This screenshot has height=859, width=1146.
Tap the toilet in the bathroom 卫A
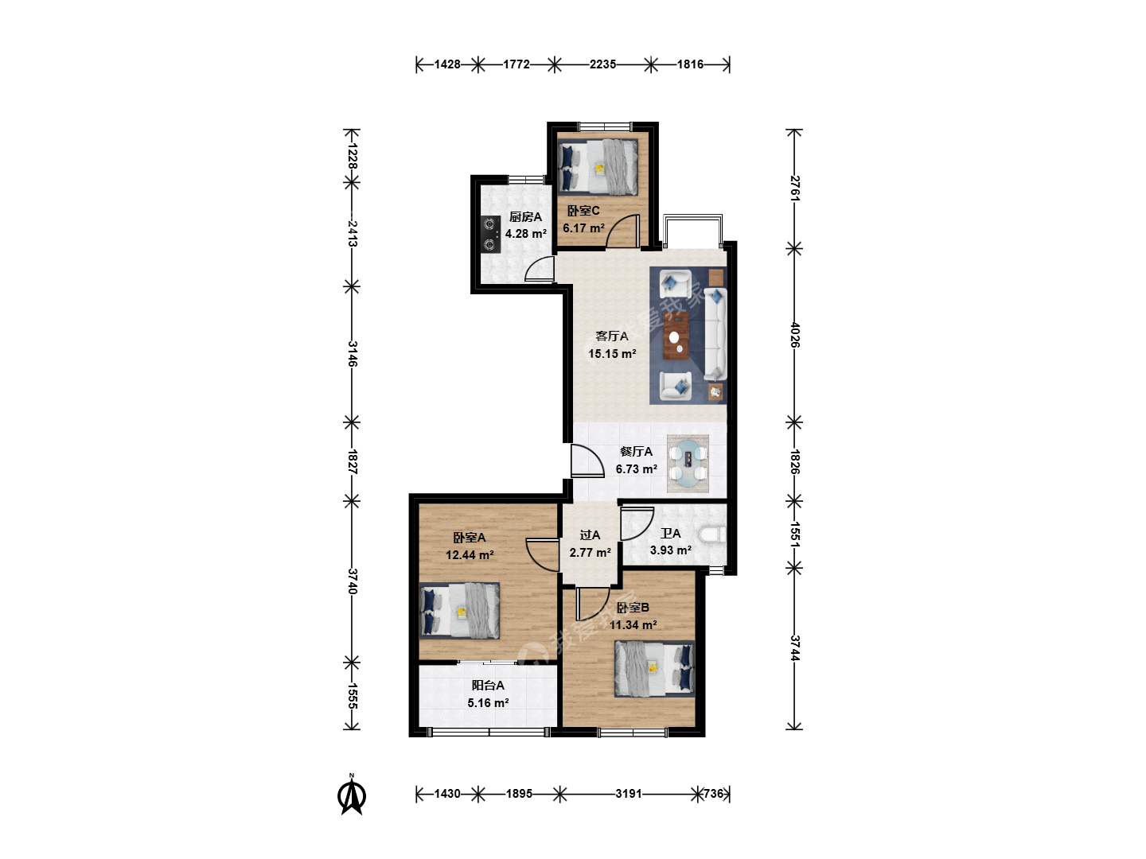coord(712,534)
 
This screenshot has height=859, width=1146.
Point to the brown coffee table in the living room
coord(676,336)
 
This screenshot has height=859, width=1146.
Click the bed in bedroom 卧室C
coord(598,168)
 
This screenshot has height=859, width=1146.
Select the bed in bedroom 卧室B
coord(655,669)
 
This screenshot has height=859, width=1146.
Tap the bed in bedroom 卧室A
coord(460,611)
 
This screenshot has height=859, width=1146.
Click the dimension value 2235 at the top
coord(602,64)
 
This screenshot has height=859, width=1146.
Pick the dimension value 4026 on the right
coord(794,335)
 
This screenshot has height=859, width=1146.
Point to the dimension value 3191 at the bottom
coord(628,794)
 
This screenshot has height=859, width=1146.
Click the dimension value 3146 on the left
coord(353,354)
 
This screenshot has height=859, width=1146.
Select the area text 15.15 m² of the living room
coord(612,354)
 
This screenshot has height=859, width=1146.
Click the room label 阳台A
coord(488,686)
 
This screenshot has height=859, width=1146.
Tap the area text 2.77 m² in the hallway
coord(590,552)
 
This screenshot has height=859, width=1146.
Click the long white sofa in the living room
coord(715,334)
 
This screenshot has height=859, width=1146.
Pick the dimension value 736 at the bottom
coord(712,794)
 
